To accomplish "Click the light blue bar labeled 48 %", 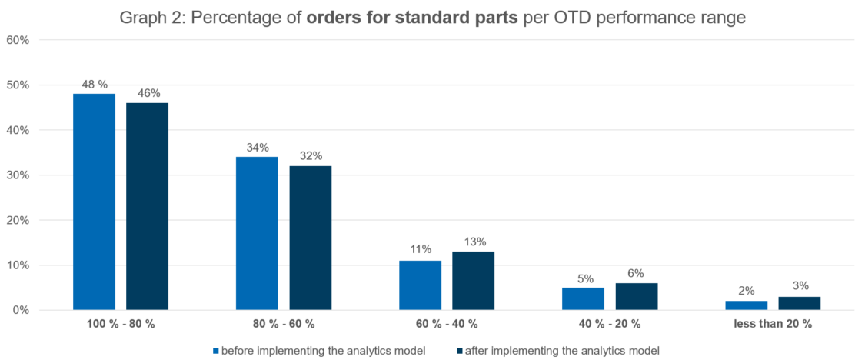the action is point(95,202).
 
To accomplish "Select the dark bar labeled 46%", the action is point(148,206).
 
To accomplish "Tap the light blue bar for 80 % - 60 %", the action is point(257,234).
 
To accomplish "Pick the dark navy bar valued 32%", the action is point(311,238).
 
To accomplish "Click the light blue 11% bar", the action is point(421,285).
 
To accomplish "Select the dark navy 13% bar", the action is point(474,281).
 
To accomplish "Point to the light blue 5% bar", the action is point(583,298).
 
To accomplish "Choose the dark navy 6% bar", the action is point(637,296).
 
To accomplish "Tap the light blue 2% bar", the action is point(747,305).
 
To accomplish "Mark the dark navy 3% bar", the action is point(800,303).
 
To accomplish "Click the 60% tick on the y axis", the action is point(18,40).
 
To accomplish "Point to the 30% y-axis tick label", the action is point(18,175).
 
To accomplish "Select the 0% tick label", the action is point(22,310).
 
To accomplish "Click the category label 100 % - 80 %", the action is point(121,324).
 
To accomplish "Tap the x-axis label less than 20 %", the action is point(773,324).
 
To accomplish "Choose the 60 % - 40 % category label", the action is point(447,324).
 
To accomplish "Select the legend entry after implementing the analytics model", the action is point(558,350).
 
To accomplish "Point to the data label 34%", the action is point(257,148).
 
